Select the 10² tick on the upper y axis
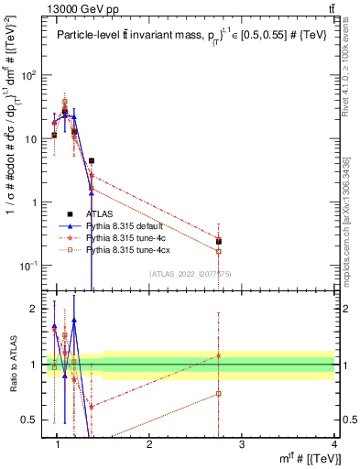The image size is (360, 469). (x=33, y=75)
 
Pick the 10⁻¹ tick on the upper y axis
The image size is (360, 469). (x=33, y=266)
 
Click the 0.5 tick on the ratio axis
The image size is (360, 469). (x=35, y=420)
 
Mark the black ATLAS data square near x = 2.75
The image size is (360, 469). (x=219, y=242)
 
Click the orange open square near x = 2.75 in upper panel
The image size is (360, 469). (x=219, y=251)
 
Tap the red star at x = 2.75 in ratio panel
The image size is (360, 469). (x=219, y=355)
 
